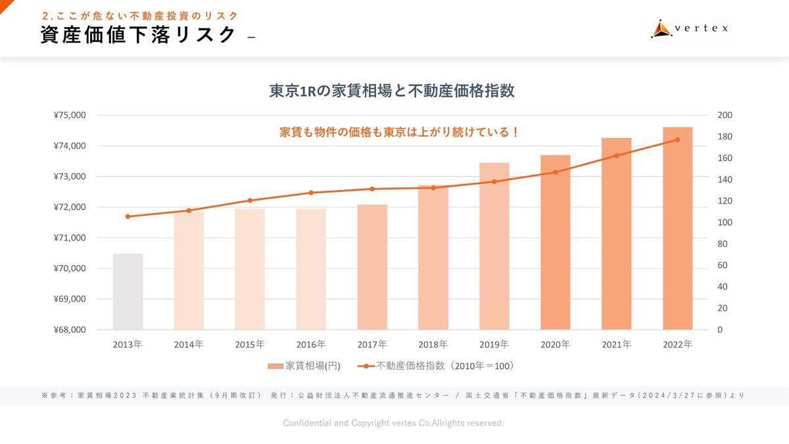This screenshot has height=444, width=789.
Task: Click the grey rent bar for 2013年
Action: click(x=128, y=291)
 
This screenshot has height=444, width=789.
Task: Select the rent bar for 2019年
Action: click(x=494, y=246)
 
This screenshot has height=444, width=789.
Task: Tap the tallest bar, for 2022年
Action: click(x=677, y=228)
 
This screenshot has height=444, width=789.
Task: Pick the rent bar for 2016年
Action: click(x=311, y=269)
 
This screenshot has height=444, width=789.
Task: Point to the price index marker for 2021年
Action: click(x=616, y=156)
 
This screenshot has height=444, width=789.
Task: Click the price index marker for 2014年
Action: click(x=189, y=210)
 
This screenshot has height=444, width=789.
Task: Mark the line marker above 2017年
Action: click(x=372, y=189)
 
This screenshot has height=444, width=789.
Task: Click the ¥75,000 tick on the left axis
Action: click(x=70, y=115)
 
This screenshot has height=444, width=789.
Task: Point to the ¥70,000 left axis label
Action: click(x=70, y=268)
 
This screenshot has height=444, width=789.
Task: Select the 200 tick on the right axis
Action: click(x=725, y=115)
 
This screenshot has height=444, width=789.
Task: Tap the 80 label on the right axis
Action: click(x=723, y=244)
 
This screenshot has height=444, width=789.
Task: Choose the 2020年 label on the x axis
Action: click(x=555, y=344)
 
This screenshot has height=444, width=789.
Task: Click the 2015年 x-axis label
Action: click(x=250, y=344)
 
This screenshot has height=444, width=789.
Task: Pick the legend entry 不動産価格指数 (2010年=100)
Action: click(x=437, y=366)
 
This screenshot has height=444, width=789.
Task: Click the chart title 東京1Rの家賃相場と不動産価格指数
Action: click(x=392, y=91)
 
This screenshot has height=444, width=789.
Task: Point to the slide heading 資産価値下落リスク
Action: click(x=138, y=35)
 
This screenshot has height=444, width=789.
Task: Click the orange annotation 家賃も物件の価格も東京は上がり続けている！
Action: click(x=400, y=132)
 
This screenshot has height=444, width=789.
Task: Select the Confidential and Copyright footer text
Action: click(x=393, y=423)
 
